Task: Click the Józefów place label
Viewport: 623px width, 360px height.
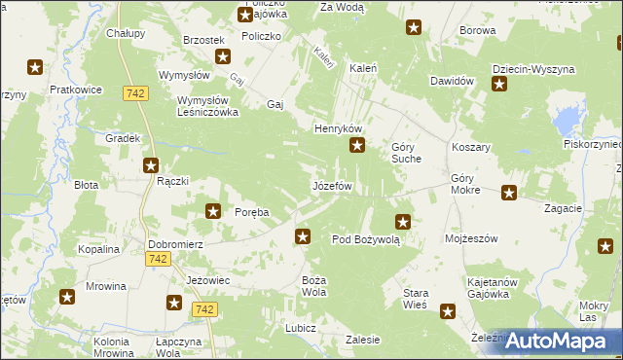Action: pyautogui.click(x=330, y=185)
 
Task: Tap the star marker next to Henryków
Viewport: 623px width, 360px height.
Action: pyautogui.click(x=357, y=147)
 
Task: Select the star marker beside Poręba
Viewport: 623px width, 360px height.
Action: pyautogui.click(x=213, y=210)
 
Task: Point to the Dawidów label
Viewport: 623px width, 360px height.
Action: pyautogui.click(x=451, y=81)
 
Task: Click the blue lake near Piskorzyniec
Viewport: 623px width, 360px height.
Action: pyautogui.click(x=565, y=122)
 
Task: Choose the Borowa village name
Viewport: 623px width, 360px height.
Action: pyautogui.click(x=478, y=31)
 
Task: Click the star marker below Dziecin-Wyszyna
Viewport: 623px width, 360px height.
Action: pyautogui.click(x=499, y=86)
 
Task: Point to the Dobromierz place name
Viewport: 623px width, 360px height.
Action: pyautogui.click(x=174, y=245)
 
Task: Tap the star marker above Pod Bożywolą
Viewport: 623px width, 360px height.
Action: pyautogui.click(x=403, y=222)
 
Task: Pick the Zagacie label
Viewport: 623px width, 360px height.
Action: pyautogui.click(x=564, y=208)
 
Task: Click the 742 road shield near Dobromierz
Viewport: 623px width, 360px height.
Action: pyautogui.click(x=157, y=259)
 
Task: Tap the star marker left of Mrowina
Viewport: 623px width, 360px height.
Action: pyautogui.click(x=67, y=298)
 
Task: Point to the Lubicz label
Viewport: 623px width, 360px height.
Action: pyautogui.click(x=300, y=328)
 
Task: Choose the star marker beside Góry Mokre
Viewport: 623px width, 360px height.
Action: pyautogui.click(x=508, y=193)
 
